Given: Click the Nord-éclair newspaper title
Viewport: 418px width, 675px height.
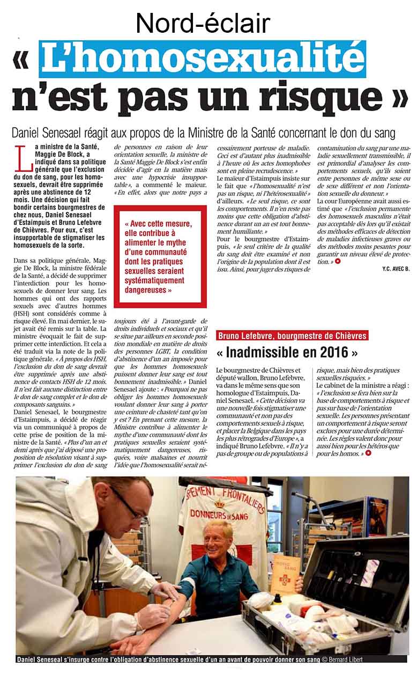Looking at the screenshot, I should click(x=203, y=23).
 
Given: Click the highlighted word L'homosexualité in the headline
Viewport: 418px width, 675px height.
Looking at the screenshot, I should click(x=203, y=59).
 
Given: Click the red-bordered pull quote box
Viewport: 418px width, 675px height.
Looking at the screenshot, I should click(x=160, y=256).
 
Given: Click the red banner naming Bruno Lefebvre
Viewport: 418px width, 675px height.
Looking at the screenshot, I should click(x=292, y=336).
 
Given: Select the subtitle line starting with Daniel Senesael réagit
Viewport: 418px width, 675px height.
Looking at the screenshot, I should click(x=204, y=133).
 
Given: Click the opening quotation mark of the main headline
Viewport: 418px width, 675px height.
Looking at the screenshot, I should click(x=23, y=60).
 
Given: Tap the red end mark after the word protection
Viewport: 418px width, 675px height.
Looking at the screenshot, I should click(x=338, y=262).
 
